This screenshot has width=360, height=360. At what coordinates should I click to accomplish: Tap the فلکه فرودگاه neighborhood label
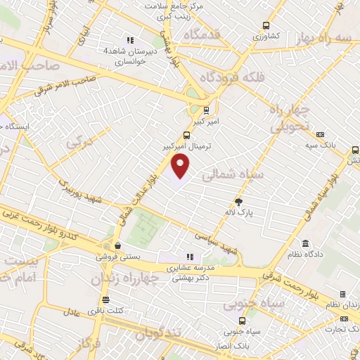[233, 77]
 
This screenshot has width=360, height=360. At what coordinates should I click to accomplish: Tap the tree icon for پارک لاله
[238, 202]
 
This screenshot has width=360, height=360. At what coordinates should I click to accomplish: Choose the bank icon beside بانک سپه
[320, 134]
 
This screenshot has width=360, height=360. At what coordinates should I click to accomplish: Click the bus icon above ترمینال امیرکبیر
[186, 135]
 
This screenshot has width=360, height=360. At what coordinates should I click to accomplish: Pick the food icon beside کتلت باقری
[94, 310]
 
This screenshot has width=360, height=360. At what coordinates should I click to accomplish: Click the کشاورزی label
[266, 35]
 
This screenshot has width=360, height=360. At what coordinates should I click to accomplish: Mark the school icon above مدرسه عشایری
[188, 257]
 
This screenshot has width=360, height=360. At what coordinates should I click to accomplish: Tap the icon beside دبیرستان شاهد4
[129, 40]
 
